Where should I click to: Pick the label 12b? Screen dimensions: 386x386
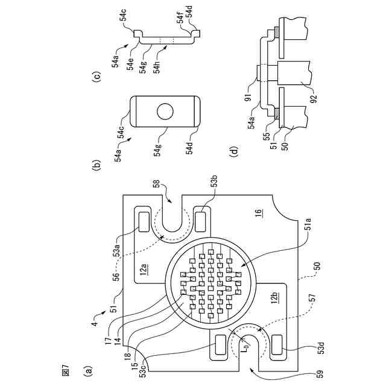[x=274, y=297]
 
